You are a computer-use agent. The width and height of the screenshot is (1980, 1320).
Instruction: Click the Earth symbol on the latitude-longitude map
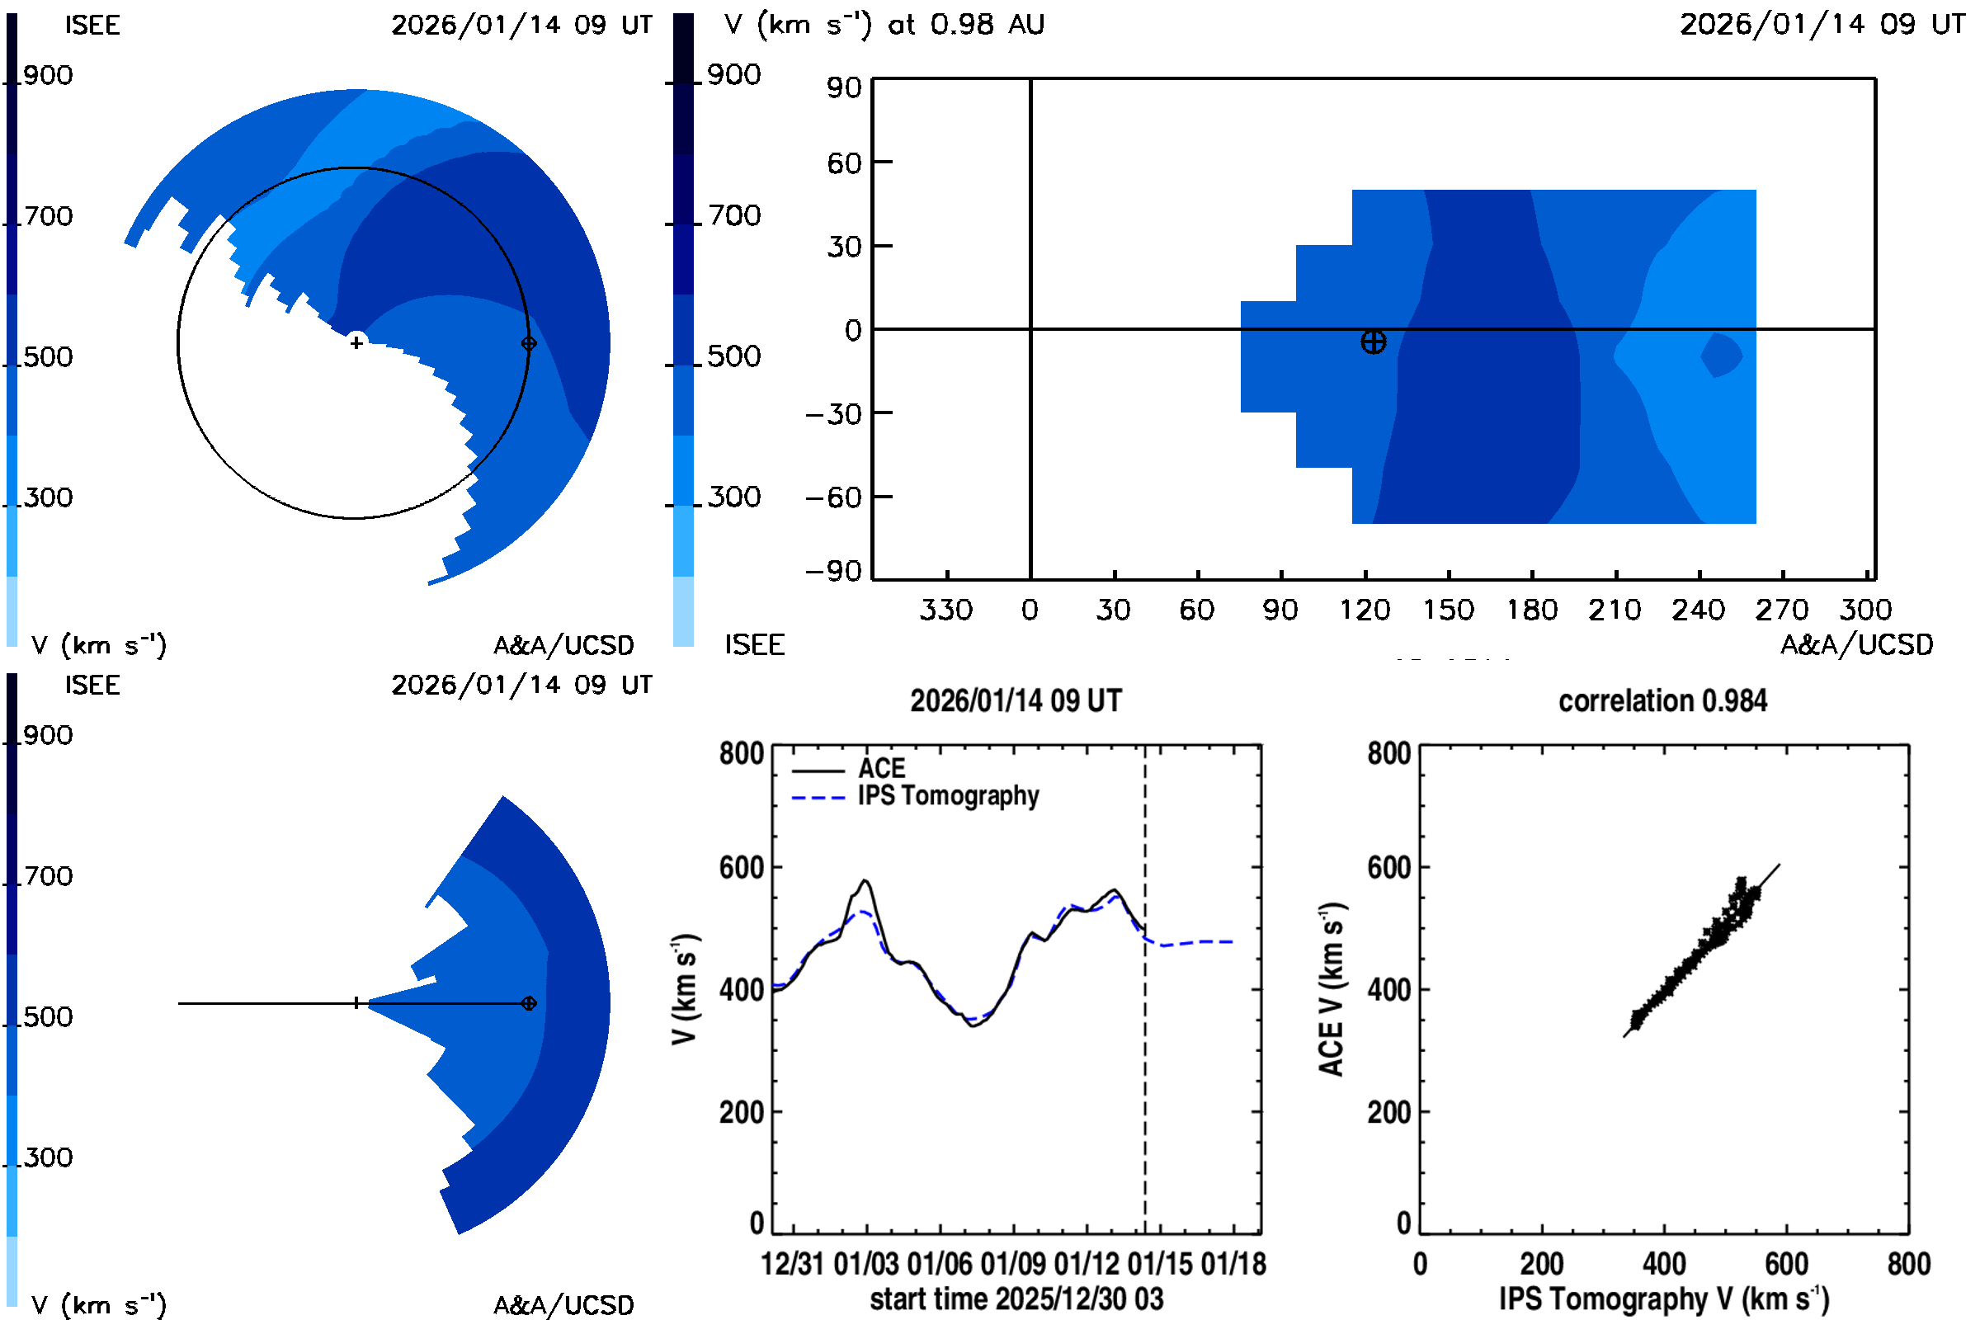[x=1373, y=342]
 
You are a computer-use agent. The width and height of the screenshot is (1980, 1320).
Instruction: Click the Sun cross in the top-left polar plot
[x=357, y=342]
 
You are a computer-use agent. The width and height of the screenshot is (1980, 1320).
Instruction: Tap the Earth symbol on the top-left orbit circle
[x=529, y=343]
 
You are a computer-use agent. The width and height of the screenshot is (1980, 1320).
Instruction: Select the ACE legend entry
[x=880, y=769]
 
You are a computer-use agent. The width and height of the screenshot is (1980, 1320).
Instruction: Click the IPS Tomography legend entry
[x=948, y=795]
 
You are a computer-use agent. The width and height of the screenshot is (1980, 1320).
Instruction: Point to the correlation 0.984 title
[x=1662, y=701]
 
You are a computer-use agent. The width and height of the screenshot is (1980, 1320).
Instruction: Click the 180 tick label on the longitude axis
[x=1531, y=610]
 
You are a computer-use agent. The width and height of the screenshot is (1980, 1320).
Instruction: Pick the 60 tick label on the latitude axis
[x=843, y=163]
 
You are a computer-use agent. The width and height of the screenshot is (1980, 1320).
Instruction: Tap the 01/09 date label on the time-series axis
[x=1014, y=1264]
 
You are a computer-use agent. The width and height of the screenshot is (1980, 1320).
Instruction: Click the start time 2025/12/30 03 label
[x=1016, y=1299]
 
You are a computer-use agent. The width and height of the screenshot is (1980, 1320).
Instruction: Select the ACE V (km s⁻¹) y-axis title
[x=1332, y=989]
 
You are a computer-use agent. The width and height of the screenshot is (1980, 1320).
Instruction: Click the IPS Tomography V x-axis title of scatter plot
[x=1663, y=1299]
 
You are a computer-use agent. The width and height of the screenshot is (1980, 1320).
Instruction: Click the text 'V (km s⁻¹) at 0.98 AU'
[x=884, y=25]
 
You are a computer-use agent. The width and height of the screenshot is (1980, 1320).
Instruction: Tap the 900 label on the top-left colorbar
[x=48, y=76]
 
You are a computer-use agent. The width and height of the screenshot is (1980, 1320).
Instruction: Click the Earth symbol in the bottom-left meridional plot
[x=529, y=1003]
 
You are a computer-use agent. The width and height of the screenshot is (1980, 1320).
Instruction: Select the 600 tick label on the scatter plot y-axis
[x=1388, y=868]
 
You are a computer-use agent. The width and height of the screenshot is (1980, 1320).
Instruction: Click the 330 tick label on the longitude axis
[x=945, y=610]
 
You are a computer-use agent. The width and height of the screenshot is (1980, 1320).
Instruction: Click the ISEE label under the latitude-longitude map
[x=754, y=645]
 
